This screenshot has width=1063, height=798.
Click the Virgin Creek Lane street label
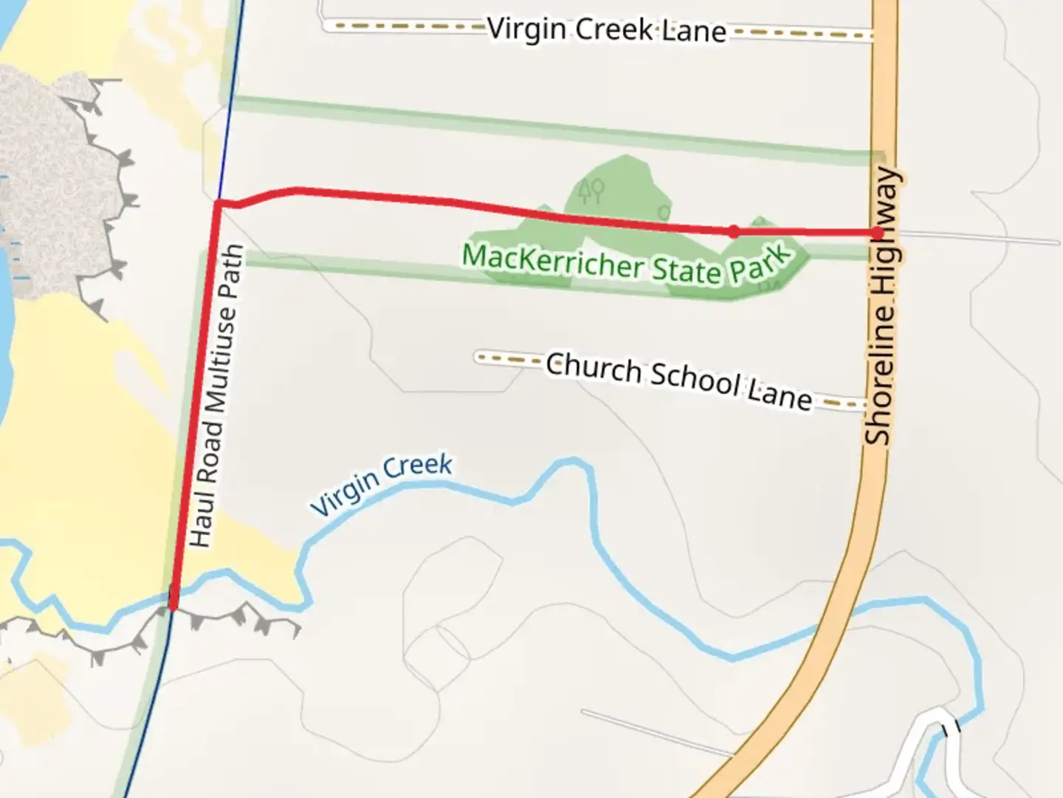coord(607,30)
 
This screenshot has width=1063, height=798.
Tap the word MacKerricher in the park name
coord(551,261)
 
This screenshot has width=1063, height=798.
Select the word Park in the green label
coord(760,262)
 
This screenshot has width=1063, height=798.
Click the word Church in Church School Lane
coord(594,368)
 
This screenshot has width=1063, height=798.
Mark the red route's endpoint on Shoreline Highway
coord(877,233)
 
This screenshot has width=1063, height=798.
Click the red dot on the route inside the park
coord(733,231)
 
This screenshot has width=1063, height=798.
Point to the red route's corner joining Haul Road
coord(219,202)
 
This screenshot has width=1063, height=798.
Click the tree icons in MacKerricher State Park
coord(591,191)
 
